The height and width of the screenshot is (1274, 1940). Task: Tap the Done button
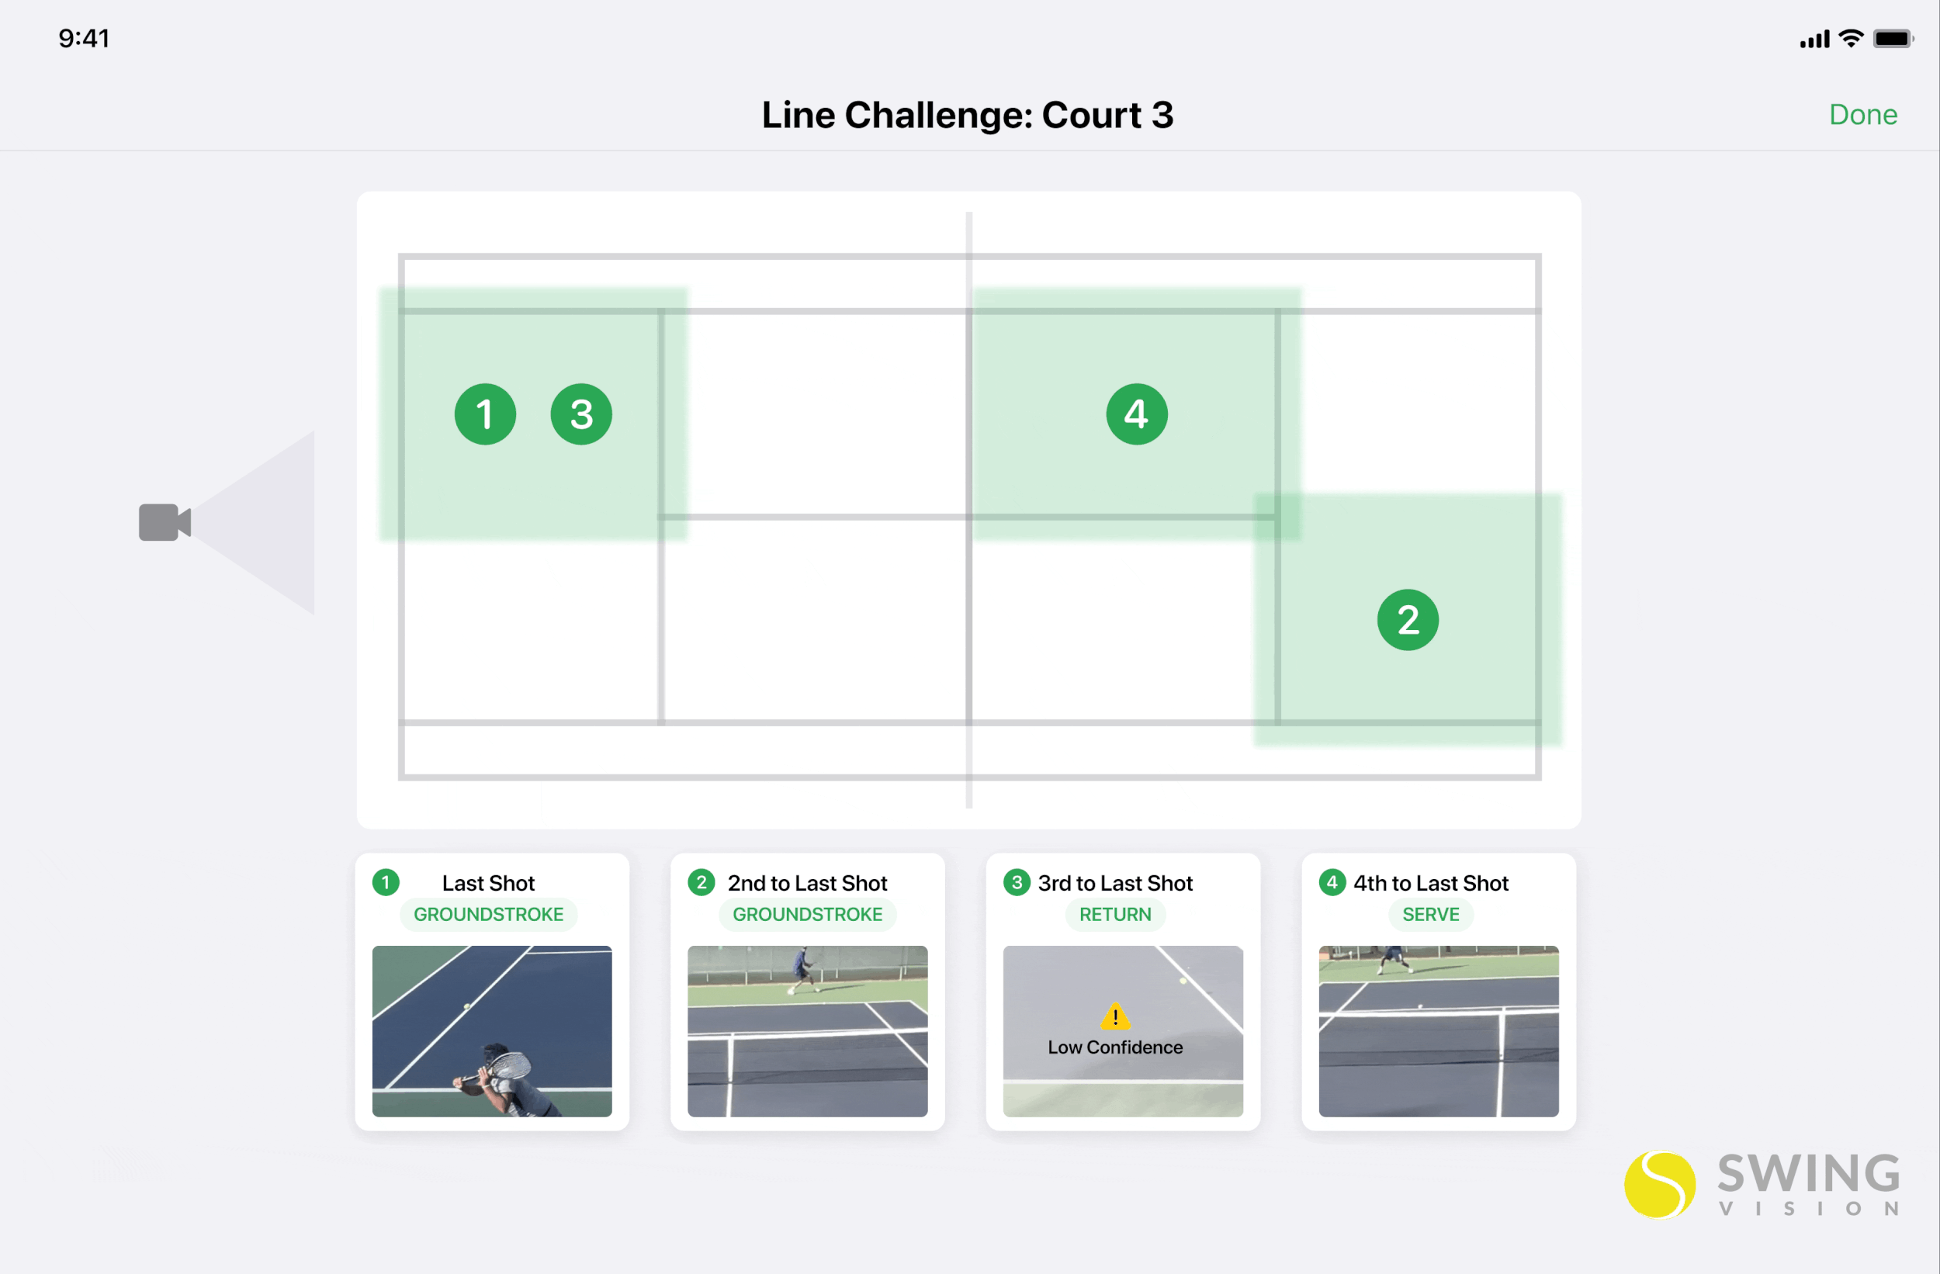pyautogui.click(x=1862, y=115)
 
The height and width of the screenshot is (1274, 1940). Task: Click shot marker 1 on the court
pyautogui.click(x=485, y=414)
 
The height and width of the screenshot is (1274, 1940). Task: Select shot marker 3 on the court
pyautogui.click(x=581, y=414)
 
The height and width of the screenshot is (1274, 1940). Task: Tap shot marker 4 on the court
pyautogui.click(x=1136, y=414)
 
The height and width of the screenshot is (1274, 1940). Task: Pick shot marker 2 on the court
pyautogui.click(x=1408, y=619)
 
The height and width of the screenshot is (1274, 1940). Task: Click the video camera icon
pyautogui.click(x=164, y=522)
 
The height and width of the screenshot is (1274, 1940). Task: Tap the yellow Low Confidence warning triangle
pyautogui.click(x=1114, y=1017)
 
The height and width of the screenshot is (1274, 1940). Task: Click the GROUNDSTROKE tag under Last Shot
pyautogui.click(x=488, y=915)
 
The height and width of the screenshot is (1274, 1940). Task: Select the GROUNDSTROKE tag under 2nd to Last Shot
pyautogui.click(x=807, y=915)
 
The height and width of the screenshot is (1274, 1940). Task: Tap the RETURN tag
pyautogui.click(x=1115, y=915)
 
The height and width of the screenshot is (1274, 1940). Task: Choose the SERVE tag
pyautogui.click(x=1430, y=915)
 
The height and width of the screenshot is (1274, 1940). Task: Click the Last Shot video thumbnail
pyautogui.click(x=491, y=1030)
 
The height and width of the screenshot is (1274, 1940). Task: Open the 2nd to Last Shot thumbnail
pyautogui.click(x=807, y=1030)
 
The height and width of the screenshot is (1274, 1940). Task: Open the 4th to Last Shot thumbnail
pyautogui.click(x=1438, y=1030)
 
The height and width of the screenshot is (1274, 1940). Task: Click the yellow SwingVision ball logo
pyautogui.click(x=1659, y=1184)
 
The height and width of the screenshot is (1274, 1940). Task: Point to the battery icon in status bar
pyautogui.click(x=1892, y=39)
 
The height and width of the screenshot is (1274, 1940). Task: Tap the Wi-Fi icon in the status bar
pyautogui.click(x=1852, y=39)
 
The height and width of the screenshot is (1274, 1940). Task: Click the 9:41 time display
pyautogui.click(x=84, y=38)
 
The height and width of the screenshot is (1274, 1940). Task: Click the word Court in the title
pyautogui.click(x=1090, y=115)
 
